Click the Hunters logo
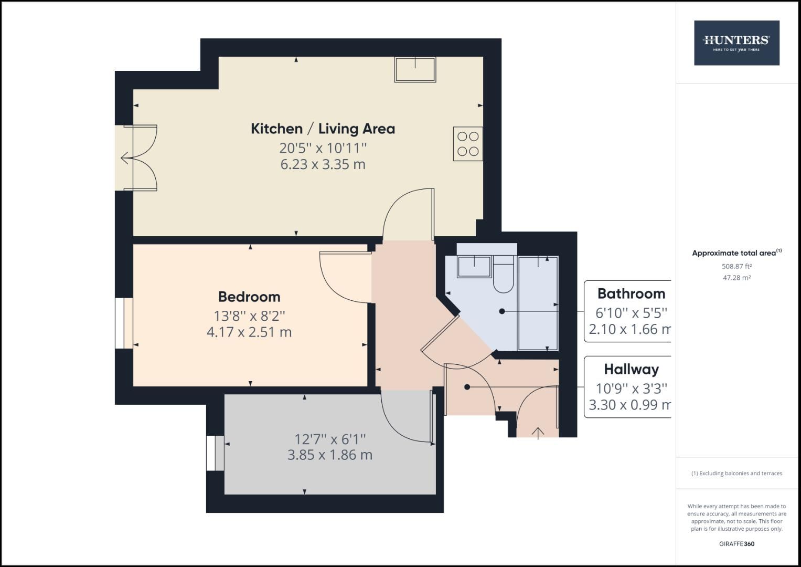736,43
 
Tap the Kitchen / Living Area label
323,129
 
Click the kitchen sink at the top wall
415,70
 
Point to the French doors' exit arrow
126,157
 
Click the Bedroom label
249,297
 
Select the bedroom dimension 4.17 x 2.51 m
249,332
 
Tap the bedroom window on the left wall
124,323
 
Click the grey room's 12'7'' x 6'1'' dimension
330,438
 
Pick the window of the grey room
215,453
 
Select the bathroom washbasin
474,266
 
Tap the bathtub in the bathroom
538,303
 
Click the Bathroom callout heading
631,293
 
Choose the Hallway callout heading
631,369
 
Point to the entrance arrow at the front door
538,432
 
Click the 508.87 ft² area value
736,266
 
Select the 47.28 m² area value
736,278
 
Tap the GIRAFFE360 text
736,544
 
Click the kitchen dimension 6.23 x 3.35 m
323,164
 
